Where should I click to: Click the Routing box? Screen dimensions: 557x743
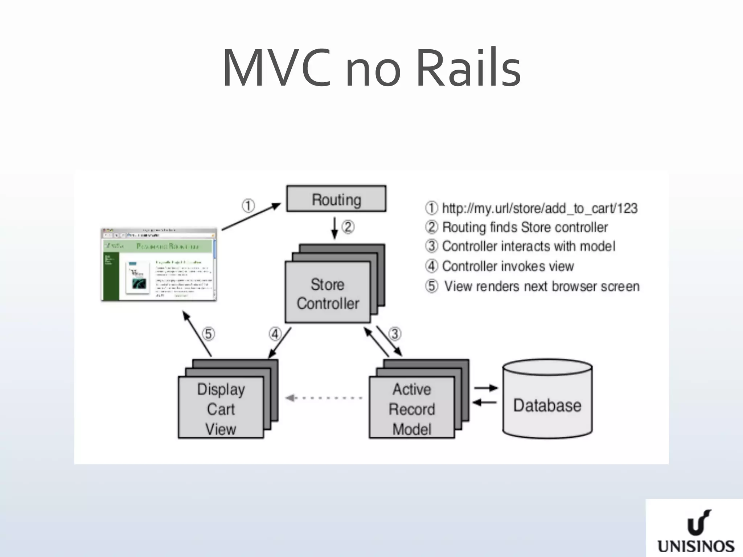tap(336, 199)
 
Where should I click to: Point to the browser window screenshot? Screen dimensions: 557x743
tap(159, 265)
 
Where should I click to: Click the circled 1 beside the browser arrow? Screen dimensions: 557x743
tap(248, 206)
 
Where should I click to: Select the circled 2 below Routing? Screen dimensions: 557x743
tap(348, 227)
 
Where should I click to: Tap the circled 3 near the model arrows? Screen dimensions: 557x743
tap(395, 334)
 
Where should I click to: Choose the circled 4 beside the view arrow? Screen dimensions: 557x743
tap(275, 334)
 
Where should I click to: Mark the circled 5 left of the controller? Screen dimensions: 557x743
tap(208, 334)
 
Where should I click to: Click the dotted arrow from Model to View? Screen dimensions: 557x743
tap(324, 398)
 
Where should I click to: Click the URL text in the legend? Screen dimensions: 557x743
tap(539, 208)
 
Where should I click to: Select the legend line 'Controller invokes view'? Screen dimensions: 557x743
tap(508, 266)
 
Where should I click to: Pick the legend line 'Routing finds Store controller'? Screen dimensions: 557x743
tap(525, 227)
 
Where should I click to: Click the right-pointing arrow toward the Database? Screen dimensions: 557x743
tap(486, 388)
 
